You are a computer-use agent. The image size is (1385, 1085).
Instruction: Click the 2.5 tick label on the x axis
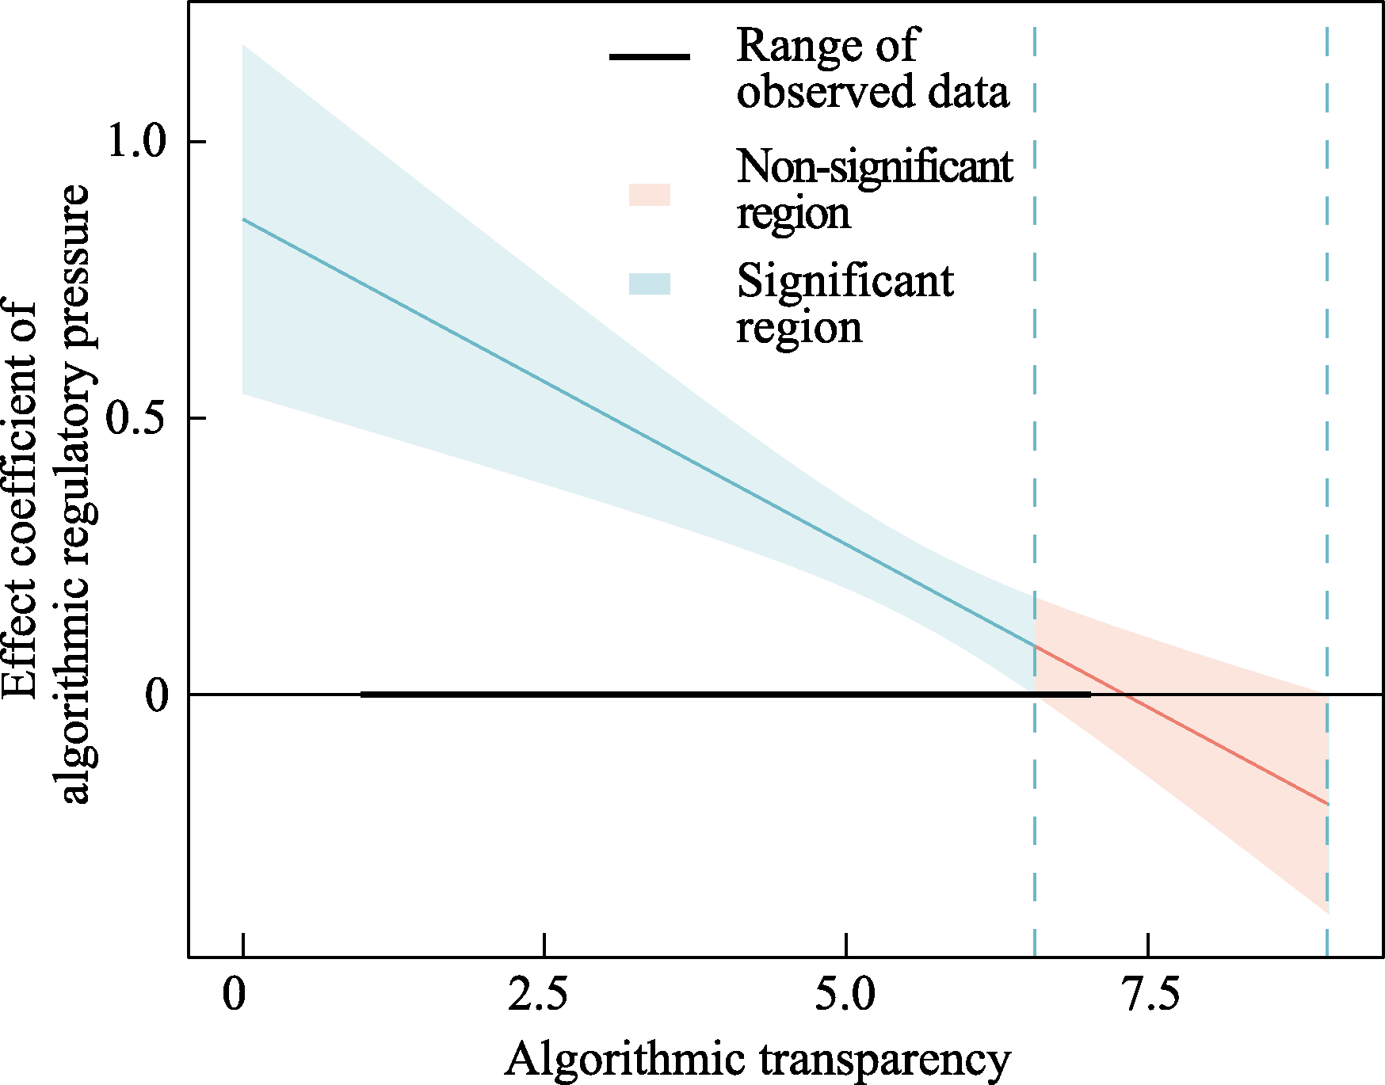click(539, 995)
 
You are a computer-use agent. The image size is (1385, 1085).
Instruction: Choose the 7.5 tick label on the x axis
click(1148, 995)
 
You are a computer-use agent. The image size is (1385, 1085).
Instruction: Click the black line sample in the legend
click(650, 57)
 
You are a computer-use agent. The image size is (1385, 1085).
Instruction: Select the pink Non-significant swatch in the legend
click(650, 195)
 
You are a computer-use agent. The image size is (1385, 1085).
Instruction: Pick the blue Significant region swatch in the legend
click(650, 284)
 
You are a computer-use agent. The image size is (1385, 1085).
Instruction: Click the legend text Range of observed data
click(872, 68)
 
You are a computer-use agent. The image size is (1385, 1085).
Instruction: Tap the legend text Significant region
click(845, 304)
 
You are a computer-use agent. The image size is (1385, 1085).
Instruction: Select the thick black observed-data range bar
click(713, 695)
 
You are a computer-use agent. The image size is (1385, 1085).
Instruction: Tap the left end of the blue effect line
click(243, 219)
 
